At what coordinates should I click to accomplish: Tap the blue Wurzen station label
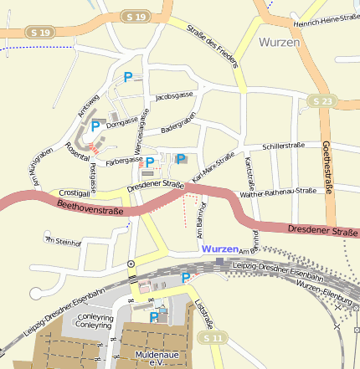[219, 249]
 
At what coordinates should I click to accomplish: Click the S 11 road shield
[213, 337]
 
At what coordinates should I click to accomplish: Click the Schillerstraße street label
[283, 146]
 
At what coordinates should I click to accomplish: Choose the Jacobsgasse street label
[174, 96]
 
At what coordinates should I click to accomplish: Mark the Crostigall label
[75, 192]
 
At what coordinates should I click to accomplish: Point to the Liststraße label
[204, 312]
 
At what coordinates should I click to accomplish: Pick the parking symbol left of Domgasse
[95, 126]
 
